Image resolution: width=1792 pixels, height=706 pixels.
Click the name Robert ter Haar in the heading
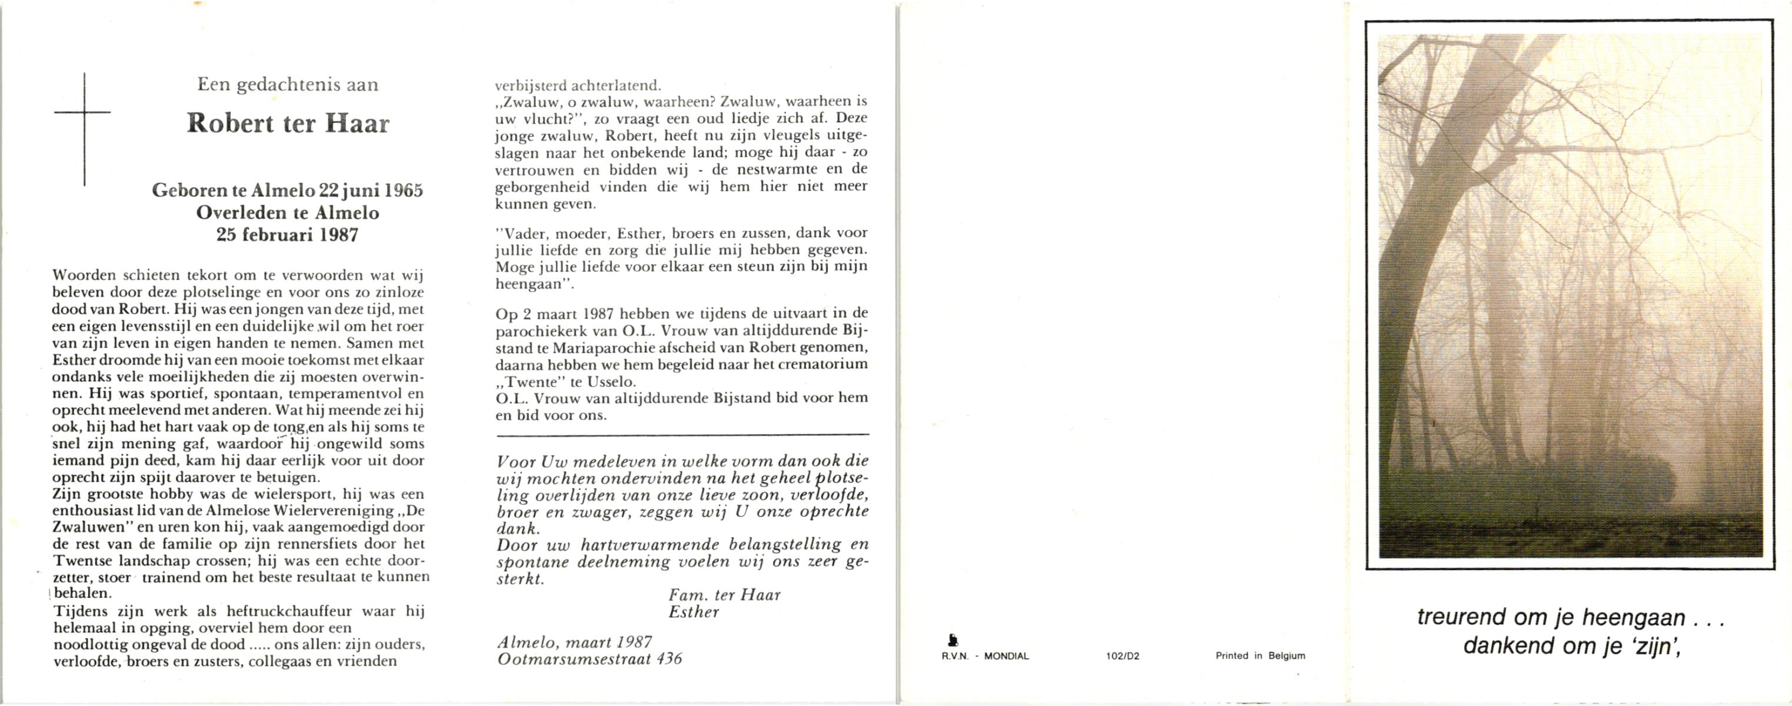point(288,124)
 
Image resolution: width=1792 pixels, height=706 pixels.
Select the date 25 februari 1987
point(287,235)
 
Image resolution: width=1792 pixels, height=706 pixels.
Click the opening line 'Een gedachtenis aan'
point(288,85)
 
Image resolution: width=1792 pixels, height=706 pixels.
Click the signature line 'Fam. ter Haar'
point(724,595)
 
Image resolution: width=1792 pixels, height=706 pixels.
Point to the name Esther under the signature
point(693,612)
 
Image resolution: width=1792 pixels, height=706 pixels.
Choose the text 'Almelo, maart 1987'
point(574,642)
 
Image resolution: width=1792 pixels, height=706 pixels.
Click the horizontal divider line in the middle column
point(682,435)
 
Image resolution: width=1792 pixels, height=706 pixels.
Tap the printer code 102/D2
point(1122,656)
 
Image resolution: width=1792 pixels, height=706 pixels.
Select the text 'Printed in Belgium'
point(1260,656)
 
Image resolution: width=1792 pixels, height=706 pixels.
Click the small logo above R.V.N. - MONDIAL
point(953,640)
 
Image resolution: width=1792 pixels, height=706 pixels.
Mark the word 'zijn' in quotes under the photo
point(1651,645)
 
